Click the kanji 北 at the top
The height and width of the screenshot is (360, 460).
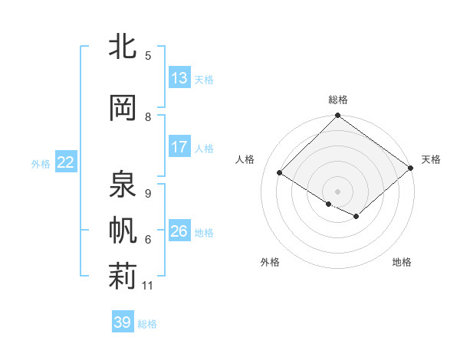tap(123, 47)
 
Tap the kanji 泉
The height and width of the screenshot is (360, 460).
tap(123, 185)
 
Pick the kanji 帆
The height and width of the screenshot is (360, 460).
tap(123, 231)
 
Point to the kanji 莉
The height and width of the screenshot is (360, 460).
tap(123, 277)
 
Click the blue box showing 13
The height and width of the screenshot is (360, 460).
tap(179, 78)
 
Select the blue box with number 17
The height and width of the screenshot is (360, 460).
tap(179, 147)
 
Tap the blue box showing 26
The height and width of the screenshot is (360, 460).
tap(179, 231)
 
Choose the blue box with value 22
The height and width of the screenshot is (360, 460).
tap(66, 162)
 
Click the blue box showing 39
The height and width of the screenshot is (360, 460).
tap(123, 322)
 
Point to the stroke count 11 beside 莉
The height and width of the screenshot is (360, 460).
tap(148, 286)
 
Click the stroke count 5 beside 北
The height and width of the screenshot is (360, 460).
tap(148, 56)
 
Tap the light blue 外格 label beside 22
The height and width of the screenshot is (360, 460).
tap(41, 163)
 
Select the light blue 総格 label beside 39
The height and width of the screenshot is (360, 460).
tap(147, 324)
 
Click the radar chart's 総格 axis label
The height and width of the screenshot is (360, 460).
tap(337, 100)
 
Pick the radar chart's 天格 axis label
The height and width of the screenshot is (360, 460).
tap(431, 159)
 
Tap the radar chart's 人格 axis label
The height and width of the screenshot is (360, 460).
tap(245, 159)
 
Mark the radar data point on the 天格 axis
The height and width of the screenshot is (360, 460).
tap(412, 167)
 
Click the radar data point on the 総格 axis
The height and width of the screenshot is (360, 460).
tap(337, 116)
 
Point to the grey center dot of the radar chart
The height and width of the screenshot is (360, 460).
tap(337, 191)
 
